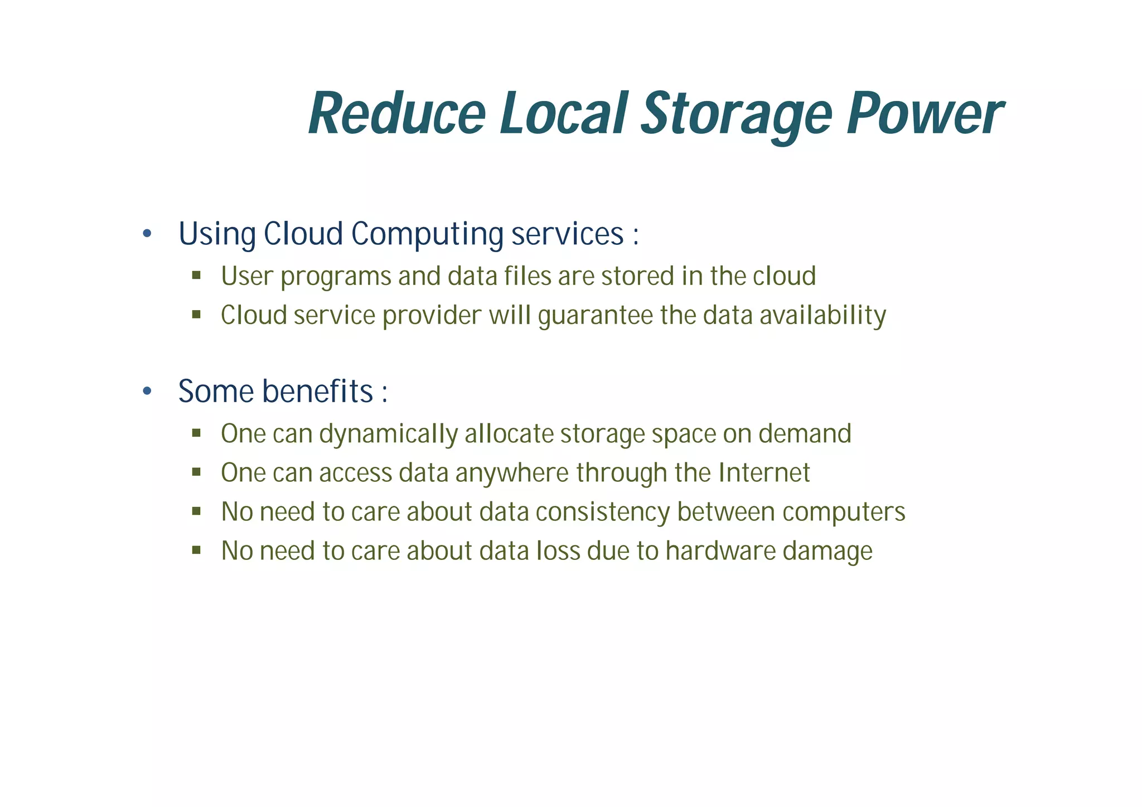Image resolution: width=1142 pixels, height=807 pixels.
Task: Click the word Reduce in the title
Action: (397, 114)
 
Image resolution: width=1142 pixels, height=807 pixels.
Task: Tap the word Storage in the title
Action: (736, 114)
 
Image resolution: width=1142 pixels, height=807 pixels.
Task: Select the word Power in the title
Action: (924, 114)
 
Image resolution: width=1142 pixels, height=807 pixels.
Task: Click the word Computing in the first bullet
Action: (427, 234)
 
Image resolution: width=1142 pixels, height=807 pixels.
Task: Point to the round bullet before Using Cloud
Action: (147, 234)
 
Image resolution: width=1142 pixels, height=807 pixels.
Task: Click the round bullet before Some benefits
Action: (147, 392)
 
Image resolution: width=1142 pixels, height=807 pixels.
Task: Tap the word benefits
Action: (317, 391)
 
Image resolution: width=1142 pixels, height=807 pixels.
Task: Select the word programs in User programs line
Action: (336, 277)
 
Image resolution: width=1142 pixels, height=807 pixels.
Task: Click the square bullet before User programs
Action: (196, 275)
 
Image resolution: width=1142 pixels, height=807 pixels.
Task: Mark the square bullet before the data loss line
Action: (196, 550)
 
